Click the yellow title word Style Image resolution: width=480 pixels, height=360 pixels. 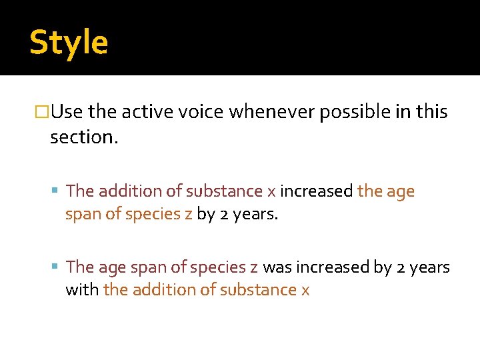[x=69, y=42]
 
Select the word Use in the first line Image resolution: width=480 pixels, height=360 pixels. [x=67, y=112]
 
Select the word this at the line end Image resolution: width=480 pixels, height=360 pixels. [x=433, y=112]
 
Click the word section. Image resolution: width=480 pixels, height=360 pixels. [x=83, y=137]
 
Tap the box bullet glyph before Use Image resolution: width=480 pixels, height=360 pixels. [x=42, y=112]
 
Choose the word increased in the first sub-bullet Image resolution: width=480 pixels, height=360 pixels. [x=316, y=191]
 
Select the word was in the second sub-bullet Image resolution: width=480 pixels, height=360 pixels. [x=275, y=267]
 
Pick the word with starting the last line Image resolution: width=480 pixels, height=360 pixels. [x=82, y=290]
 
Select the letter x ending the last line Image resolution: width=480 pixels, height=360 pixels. [x=305, y=291]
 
